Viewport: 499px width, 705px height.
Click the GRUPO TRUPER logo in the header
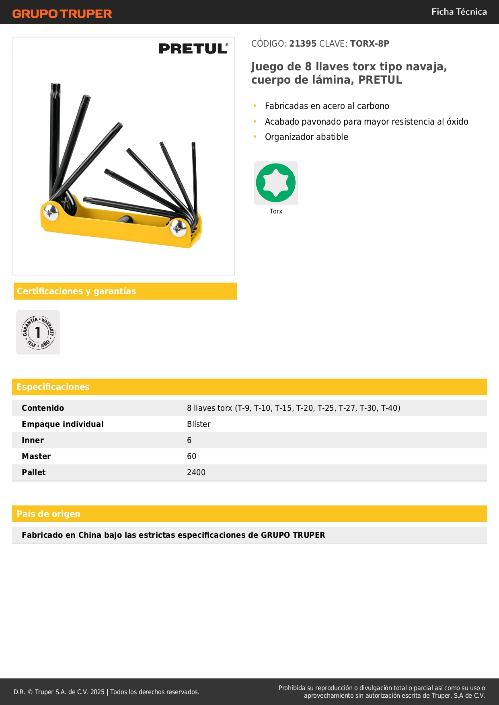click(62, 14)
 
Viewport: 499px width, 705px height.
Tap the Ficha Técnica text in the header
click(459, 12)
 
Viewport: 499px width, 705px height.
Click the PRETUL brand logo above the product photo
click(193, 49)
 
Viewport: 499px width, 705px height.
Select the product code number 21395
click(303, 44)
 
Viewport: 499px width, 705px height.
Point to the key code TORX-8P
click(370, 44)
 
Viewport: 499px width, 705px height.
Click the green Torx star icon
click(276, 183)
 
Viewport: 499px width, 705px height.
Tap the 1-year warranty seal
click(38, 332)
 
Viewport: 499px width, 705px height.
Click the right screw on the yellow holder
click(178, 228)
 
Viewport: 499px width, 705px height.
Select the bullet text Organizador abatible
click(306, 137)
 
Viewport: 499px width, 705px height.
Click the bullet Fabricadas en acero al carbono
click(327, 106)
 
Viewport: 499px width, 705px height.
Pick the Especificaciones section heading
click(53, 387)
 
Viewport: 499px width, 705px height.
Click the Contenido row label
click(43, 408)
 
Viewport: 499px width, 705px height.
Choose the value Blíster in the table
click(199, 424)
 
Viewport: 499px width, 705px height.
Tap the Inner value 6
click(189, 441)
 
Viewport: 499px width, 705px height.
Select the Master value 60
click(192, 457)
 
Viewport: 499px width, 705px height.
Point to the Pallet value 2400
click(196, 473)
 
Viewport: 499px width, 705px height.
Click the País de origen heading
click(48, 514)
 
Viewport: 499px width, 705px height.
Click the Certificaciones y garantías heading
click(76, 291)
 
